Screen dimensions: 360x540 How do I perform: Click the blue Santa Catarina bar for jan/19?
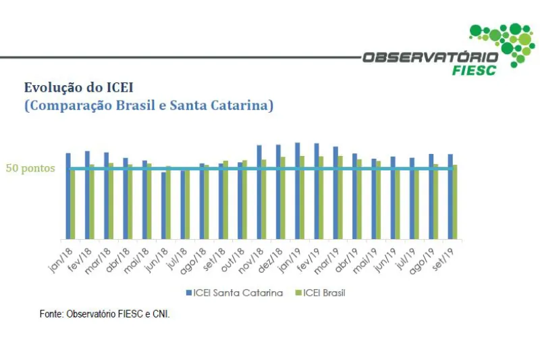click(x=297, y=190)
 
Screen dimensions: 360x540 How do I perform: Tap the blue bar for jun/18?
click(x=163, y=205)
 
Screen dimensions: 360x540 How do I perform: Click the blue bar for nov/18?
click(x=259, y=192)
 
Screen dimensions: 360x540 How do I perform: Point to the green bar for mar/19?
click(x=340, y=197)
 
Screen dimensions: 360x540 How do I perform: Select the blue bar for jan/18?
click(x=68, y=196)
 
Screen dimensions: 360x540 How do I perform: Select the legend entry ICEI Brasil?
click(x=320, y=292)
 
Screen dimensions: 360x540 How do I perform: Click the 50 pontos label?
click(x=30, y=168)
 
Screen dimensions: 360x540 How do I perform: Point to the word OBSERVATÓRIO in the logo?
click(x=430, y=57)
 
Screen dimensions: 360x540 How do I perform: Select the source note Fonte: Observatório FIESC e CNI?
click(x=105, y=314)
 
